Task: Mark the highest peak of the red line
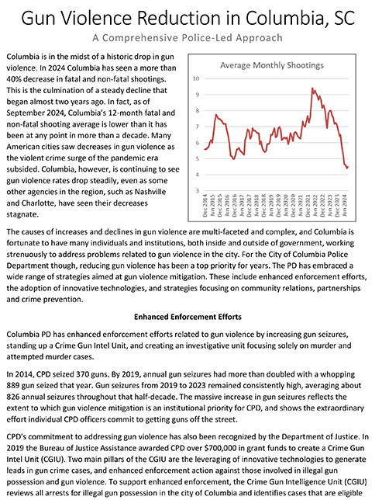click(312, 89)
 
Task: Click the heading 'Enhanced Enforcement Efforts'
click(194, 317)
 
